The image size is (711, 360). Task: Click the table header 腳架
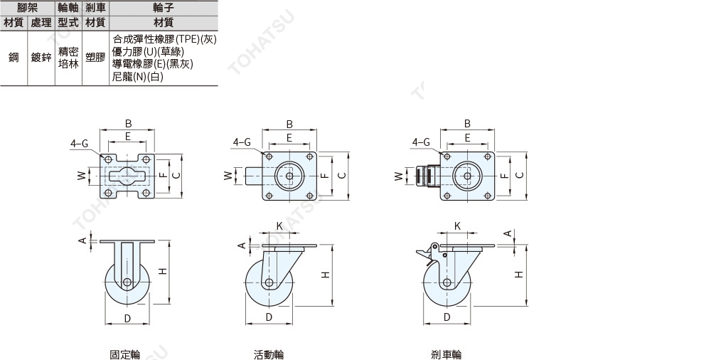click(28, 7)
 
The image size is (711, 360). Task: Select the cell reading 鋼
click(14, 58)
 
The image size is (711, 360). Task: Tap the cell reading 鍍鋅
click(41, 58)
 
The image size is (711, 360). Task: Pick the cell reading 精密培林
click(68, 58)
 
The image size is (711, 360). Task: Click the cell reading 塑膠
click(96, 58)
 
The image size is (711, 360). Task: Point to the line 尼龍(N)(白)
click(137, 77)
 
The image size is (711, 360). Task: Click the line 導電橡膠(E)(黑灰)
click(152, 64)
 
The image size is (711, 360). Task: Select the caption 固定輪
click(125, 354)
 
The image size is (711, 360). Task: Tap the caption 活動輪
click(269, 354)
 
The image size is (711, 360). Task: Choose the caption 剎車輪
click(447, 354)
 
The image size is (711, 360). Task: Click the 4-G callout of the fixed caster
click(79, 144)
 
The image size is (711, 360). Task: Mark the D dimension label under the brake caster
click(447, 317)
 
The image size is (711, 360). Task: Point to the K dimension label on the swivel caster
click(279, 226)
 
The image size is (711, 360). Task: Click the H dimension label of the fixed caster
click(163, 271)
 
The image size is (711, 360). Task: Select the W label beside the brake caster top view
click(399, 175)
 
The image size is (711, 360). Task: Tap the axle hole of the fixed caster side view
click(127, 282)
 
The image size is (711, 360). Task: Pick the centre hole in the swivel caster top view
click(289, 176)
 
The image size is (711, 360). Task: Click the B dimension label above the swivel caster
click(289, 124)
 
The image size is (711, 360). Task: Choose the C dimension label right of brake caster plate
click(520, 175)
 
